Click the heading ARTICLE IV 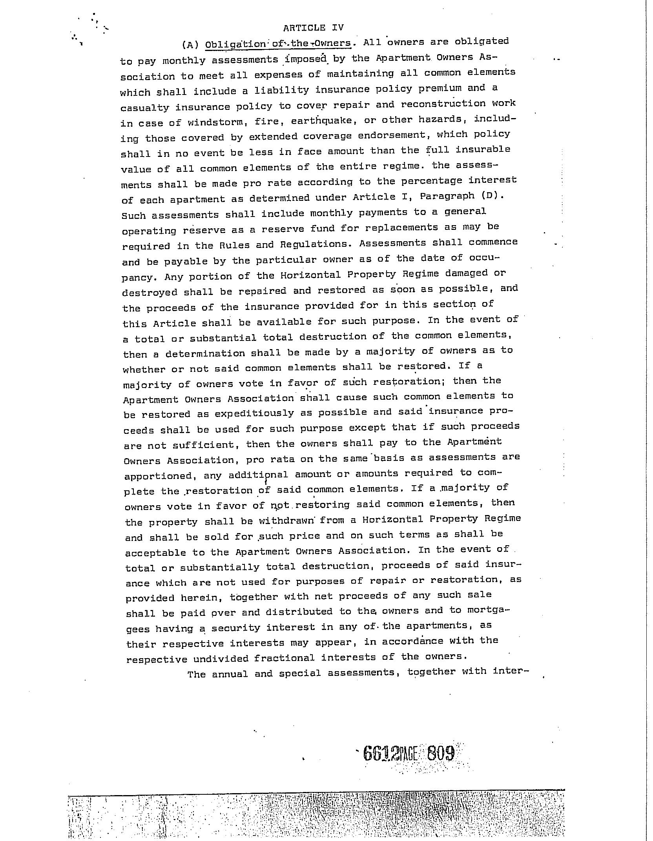pos(313,28)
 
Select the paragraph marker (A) pos(191,45)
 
